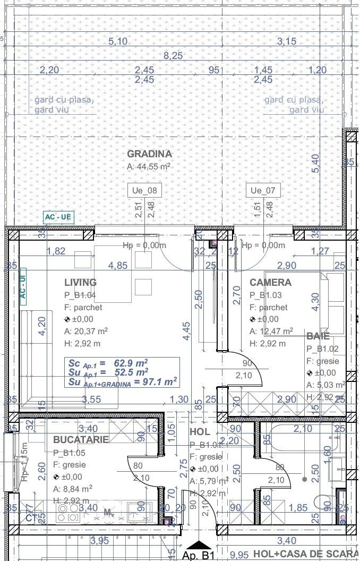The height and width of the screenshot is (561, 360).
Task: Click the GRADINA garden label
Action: [149, 154]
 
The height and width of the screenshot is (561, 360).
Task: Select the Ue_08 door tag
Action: [144, 190]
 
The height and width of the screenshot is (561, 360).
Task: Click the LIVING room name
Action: [80, 283]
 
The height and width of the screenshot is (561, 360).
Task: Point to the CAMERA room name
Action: [270, 283]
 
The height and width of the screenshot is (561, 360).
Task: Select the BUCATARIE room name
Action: [81, 440]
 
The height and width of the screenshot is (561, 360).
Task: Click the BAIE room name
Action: [318, 336]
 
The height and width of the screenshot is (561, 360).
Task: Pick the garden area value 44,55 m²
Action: [149, 166]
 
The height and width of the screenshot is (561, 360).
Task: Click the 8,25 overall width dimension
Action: [173, 55]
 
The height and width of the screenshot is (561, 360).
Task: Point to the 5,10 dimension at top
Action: [118, 41]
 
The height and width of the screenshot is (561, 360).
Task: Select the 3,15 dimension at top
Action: [287, 41]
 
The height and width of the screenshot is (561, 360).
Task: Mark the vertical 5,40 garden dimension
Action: [316, 163]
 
